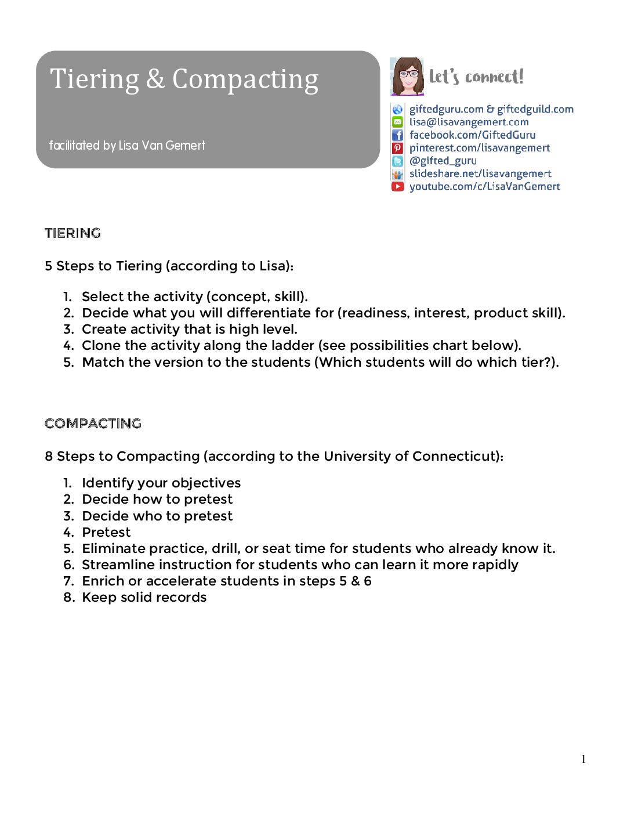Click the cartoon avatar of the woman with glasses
pyautogui.click(x=407, y=77)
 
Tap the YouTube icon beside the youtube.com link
pyautogui.click(x=397, y=186)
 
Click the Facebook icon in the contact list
pyautogui.click(x=397, y=135)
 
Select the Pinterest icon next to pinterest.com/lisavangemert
pyautogui.click(x=397, y=148)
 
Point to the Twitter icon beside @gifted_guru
pyautogui.click(x=397, y=161)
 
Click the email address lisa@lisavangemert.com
pyautogui.click(x=469, y=122)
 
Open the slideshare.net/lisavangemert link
pyautogui.click(x=480, y=173)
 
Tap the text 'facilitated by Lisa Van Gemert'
pyautogui.click(x=127, y=145)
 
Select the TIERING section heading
pyautogui.click(x=73, y=233)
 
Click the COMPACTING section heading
pyautogui.click(x=93, y=424)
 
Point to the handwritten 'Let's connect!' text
pyautogui.click(x=476, y=77)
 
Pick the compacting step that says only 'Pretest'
pyautogui.click(x=106, y=532)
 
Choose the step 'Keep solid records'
pyautogui.click(x=144, y=597)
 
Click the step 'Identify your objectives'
pyautogui.click(x=161, y=483)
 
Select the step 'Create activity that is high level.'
pyautogui.click(x=190, y=329)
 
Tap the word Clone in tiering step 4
pyautogui.click(x=101, y=345)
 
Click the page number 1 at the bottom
pyautogui.click(x=583, y=759)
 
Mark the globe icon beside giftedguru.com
pyautogui.click(x=397, y=109)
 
